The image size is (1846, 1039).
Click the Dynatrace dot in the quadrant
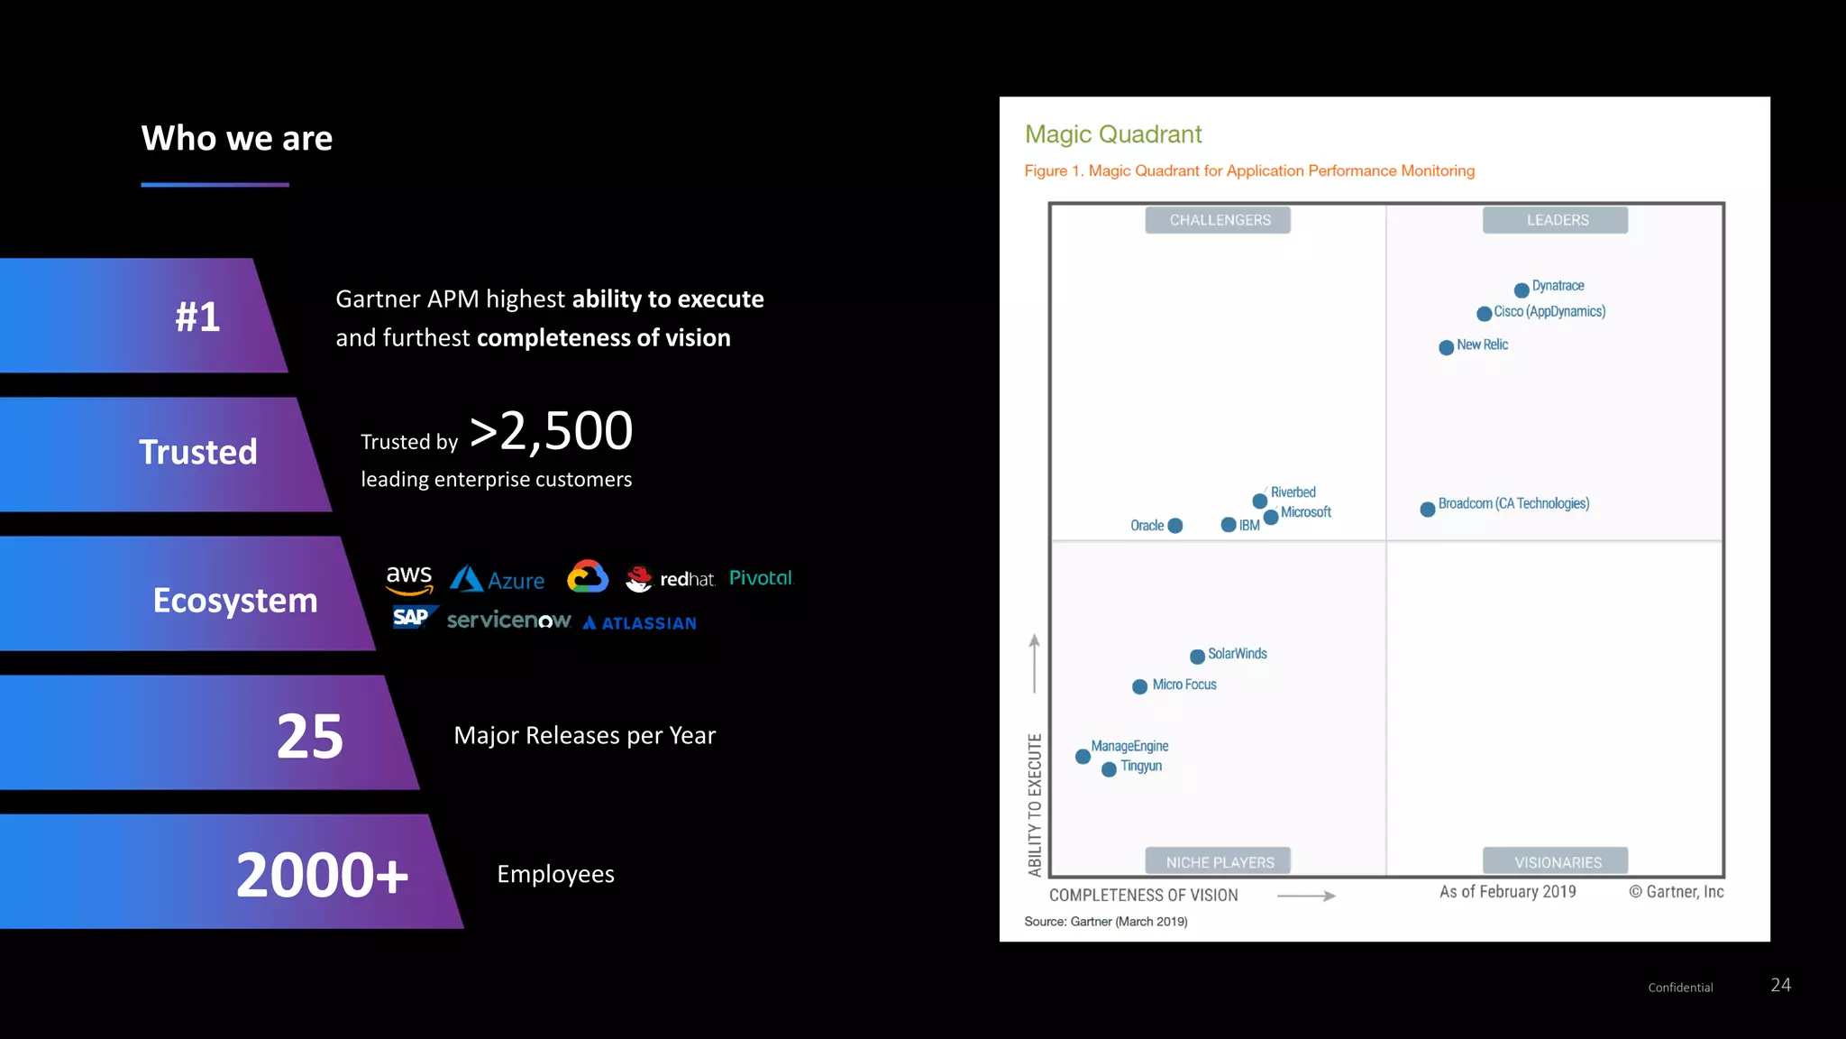(1522, 290)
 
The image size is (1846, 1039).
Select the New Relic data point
(1447, 347)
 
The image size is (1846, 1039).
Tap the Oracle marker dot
(1175, 526)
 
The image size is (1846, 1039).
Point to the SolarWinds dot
(1198, 657)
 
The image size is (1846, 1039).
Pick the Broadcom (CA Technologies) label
(1513, 503)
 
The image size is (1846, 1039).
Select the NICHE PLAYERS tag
(1219, 862)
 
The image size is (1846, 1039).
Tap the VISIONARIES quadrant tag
(1557, 862)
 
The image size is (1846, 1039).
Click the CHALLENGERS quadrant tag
(1219, 220)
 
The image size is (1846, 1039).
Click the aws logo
(409, 578)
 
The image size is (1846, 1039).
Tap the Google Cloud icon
(588, 577)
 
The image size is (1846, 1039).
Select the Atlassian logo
(640, 623)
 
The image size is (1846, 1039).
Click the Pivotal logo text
(760, 578)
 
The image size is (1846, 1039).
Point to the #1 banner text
(197, 317)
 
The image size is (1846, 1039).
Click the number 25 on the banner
(310, 736)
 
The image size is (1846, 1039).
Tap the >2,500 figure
(552, 431)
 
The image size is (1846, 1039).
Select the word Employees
(555, 874)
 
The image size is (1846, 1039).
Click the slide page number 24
(1780, 985)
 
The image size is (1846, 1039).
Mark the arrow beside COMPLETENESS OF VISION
(1306, 896)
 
